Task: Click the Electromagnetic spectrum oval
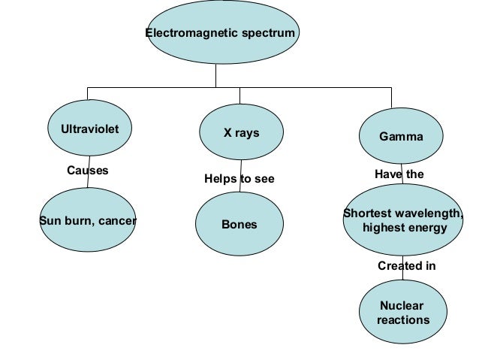(x=222, y=34)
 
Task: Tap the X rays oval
(x=241, y=133)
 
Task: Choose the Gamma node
(x=401, y=137)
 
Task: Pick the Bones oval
(x=239, y=225)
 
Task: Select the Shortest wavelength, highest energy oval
(x=404, y=220)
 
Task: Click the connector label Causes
(x=88, y=171)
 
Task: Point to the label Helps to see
(x=239, y=180)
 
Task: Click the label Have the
(x=399, y=174)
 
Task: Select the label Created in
(x=406, y=266)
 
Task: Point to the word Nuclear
(x=402, y=306)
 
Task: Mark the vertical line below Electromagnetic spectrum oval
(x=215, y=75)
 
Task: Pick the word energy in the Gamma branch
(x=426, y=228)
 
